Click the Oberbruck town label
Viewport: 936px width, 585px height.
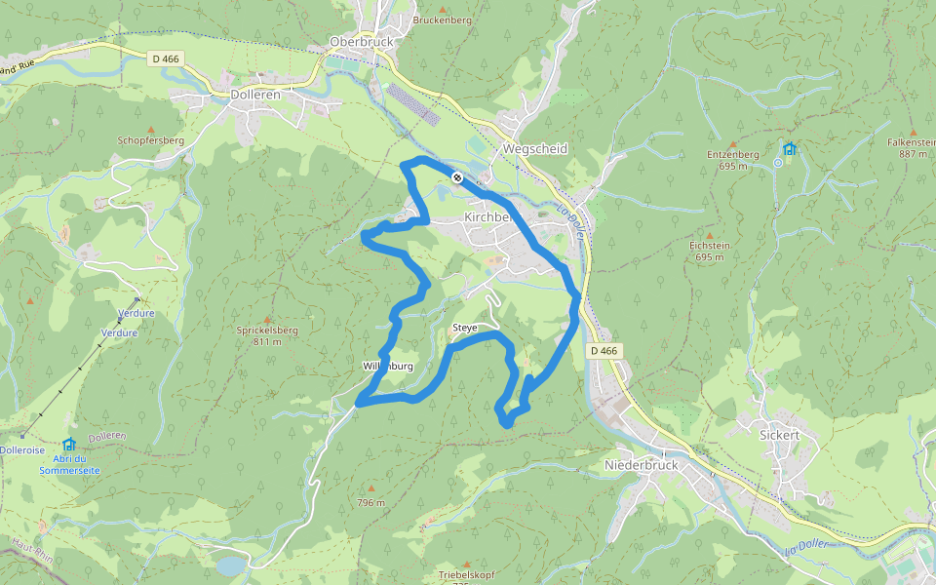[361, 43]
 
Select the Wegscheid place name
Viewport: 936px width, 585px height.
[534, 148]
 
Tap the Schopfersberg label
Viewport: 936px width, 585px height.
[150, 140]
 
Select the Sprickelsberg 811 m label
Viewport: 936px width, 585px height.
[266, 335]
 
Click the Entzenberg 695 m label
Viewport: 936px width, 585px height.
[732, 160]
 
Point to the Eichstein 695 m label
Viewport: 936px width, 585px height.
[710, 252]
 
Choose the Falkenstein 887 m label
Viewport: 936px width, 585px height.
[912, 148]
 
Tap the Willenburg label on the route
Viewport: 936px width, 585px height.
[388, 367]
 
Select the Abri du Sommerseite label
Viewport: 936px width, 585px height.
[69, 464]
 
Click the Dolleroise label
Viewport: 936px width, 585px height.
[22, 450]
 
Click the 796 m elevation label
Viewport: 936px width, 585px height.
[371, 503]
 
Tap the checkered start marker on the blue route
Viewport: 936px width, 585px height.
[456, 176]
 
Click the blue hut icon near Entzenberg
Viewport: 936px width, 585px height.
[789, 149]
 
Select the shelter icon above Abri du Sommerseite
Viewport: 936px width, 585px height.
[69, 445]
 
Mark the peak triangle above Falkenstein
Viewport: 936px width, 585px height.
[914, 133]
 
